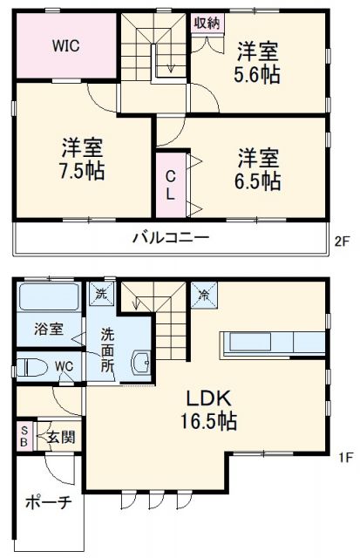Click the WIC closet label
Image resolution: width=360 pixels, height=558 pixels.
coord(65,45)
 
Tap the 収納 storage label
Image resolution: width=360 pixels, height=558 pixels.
coord(206,23)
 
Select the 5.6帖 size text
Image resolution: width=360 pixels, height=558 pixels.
coord(258,74)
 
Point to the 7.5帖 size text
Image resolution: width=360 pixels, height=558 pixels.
coord(82,169)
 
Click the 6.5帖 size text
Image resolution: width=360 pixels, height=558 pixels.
coord(259,181)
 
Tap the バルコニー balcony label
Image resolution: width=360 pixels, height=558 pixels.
coord(170,236)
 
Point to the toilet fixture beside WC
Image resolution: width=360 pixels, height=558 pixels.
coord(32,365)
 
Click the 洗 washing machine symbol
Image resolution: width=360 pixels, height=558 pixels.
coord(102,292)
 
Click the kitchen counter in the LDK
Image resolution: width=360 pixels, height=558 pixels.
coord(275,343)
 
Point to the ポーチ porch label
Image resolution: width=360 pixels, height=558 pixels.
coord(48,505)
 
